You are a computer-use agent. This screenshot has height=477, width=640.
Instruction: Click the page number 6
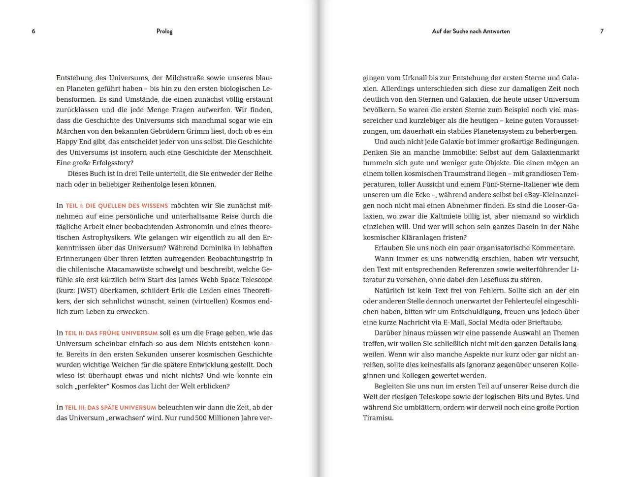click(33, 31)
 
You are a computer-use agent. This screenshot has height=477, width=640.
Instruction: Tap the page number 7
click(602, 31)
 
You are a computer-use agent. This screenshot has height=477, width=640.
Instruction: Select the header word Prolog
click(164, 31)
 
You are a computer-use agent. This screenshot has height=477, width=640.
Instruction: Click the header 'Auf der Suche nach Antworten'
click(471, 31)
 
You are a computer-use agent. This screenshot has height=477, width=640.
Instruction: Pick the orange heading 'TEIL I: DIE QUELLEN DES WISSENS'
click(117, 206)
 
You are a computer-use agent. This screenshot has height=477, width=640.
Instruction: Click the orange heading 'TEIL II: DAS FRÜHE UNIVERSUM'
click(111, 333)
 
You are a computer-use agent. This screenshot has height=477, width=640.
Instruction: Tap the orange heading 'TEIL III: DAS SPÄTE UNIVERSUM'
click(110, 408)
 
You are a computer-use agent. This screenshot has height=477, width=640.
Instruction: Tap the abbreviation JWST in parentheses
click(87, 291)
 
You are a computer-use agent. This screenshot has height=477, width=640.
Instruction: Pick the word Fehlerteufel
click(516, 301)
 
